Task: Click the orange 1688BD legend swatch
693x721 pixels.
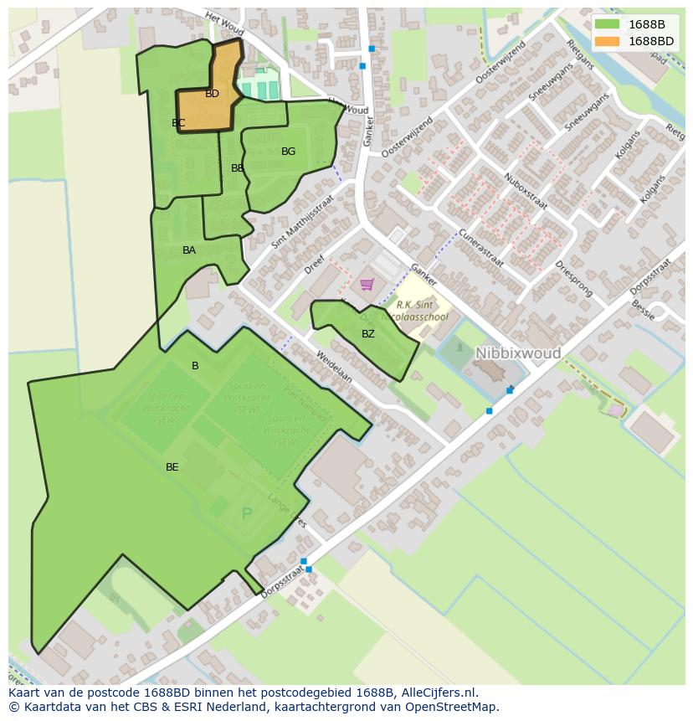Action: (607, 41)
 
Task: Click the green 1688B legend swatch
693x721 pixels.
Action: (607, 24)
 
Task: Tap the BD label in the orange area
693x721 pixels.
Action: (212, 94)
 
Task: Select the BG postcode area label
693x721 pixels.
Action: (288, 152)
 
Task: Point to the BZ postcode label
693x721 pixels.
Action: (368, 334)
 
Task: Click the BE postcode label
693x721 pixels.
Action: (172, 467)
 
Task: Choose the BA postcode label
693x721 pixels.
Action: (189, 250)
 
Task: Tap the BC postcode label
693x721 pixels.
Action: (178, 123)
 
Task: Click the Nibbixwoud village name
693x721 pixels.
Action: (518, 353)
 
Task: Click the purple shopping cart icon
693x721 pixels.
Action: (367, 285)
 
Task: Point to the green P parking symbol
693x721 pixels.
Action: (246, 514)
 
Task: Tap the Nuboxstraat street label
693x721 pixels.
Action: (526, 191)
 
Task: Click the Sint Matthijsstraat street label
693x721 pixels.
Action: (302, 223)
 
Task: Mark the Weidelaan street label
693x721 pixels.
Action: (334, 367)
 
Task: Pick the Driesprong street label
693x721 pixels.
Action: (573, 279)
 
